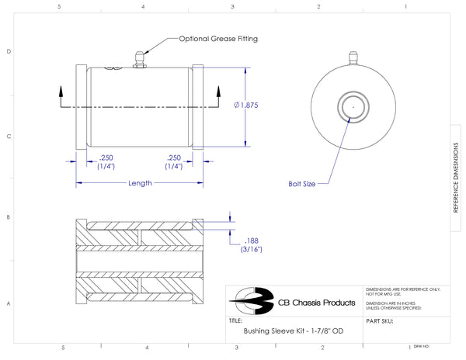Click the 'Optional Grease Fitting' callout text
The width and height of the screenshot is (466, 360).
point(218,38)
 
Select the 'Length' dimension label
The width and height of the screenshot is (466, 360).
point(140,183)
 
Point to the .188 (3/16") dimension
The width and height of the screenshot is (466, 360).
point(252,245)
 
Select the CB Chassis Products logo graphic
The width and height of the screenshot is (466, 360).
point(253,299)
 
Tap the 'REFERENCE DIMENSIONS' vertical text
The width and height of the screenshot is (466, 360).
point(456,186)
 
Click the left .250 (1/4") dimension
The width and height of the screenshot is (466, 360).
point(103,161)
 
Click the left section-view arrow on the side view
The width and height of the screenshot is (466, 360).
point(61,96)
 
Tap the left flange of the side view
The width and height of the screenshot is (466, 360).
point(82,106)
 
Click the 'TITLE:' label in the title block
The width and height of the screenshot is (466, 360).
point(236,320)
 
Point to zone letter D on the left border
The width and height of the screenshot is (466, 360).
point(9,52)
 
